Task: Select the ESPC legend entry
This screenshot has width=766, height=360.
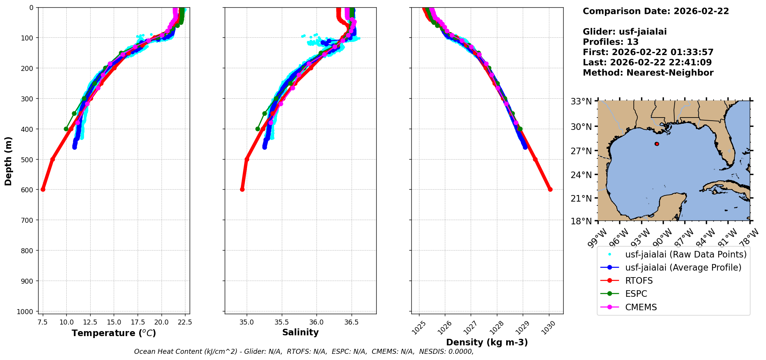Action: point(636,294)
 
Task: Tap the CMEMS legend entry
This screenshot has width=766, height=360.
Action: point(641,307)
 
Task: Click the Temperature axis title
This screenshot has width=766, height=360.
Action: point(114,333)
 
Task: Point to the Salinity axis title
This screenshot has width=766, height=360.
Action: point(300,332)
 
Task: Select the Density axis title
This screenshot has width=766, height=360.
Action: point(487,342)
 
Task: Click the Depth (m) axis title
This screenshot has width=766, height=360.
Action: point(8,161)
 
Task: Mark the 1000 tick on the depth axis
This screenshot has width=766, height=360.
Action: point(27,311)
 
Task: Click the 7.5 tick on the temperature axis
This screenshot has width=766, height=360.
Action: point(43,321)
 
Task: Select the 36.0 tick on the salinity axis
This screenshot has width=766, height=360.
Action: point(317,321)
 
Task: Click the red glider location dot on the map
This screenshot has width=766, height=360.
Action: point(657,144)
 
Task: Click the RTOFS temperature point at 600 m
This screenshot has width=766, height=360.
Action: point(43,189)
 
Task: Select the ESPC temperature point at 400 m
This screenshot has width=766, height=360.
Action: point(66,129)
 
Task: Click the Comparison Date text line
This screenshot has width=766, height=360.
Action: point(656,11)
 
